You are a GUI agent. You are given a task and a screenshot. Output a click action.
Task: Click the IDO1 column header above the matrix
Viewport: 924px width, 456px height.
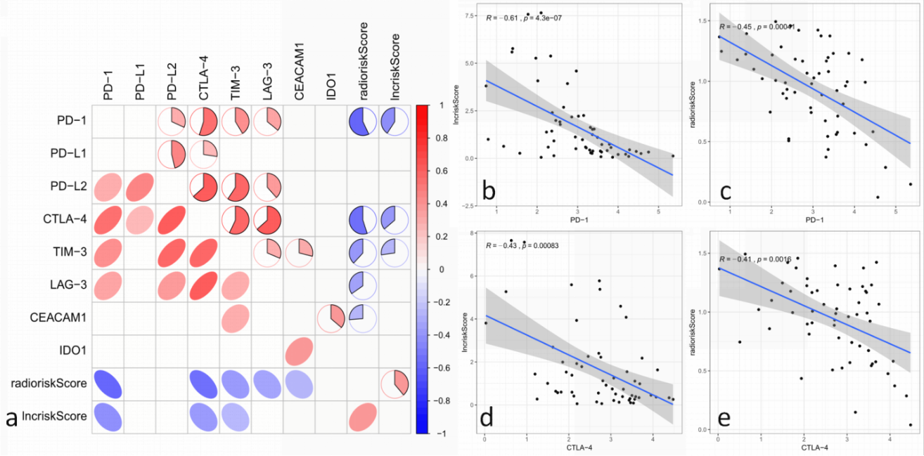(x=332, y=88)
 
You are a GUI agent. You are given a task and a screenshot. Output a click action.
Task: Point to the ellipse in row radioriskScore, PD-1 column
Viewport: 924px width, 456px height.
(x=108, y=384)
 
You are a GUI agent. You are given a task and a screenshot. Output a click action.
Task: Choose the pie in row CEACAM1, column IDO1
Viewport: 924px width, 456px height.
(x=331, y=318)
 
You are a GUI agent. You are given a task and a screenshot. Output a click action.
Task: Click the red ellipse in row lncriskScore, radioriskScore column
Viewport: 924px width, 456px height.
(x=363, y=416)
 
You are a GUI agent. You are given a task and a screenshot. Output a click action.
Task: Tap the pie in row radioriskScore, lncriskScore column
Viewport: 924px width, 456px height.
(x=395, y=384)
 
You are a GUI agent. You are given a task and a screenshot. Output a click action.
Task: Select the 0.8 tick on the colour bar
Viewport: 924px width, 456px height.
(x=443, y=138)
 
